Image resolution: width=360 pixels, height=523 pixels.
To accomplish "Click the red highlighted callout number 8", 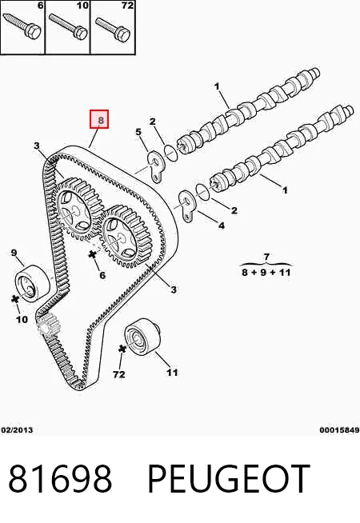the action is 99,119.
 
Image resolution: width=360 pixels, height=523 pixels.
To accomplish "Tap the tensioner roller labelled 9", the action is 33,284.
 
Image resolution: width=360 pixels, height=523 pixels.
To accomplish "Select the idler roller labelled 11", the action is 142,336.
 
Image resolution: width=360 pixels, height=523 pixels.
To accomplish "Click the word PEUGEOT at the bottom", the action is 229,478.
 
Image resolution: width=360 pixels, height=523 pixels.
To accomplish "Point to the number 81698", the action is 60,478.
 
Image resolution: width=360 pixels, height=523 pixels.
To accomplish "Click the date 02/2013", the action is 18,430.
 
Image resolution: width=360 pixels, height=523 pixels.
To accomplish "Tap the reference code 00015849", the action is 339,430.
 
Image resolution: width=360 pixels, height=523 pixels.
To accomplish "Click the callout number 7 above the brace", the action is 266,257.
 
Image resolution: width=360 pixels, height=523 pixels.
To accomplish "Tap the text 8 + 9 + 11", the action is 266,272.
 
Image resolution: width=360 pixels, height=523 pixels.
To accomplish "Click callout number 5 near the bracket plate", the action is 138,132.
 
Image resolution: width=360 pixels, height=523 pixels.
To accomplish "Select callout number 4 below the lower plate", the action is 222,226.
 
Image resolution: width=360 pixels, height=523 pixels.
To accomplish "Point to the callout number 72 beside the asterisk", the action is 118,374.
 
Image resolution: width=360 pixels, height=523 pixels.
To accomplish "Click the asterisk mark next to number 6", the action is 93,255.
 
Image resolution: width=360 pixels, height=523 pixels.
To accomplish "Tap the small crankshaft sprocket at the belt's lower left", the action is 46,324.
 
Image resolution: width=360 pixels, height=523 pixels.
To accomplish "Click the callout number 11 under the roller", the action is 173,372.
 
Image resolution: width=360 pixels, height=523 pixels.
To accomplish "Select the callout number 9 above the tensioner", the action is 14,253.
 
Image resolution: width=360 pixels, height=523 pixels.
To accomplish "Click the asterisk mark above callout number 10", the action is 14,299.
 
